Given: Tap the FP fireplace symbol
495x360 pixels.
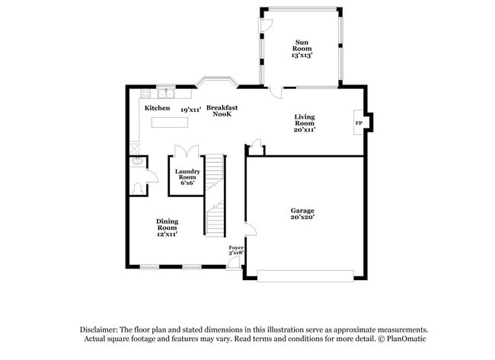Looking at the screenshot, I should coord(358,122).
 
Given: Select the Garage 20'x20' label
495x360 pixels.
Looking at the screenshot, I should coord(302,214).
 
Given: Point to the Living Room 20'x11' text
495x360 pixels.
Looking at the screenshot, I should coord(305,123).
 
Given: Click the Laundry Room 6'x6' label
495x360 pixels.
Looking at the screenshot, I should coord(187,177).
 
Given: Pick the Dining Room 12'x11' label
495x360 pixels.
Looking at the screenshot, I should coord(167,228).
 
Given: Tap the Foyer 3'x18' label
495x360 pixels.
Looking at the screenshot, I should coord(237,250).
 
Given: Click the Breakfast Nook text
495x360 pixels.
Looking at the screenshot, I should coord(222,110).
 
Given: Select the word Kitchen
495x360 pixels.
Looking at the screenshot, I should coord(158,109).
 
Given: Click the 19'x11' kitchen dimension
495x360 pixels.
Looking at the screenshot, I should coord(190,110).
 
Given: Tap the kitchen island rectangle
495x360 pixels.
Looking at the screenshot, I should coord(171,122).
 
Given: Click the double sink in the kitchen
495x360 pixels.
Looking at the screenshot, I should coord(166,94).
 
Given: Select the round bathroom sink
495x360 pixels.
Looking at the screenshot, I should coord(137,161).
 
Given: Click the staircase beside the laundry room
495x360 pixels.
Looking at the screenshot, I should coord(216,194).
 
